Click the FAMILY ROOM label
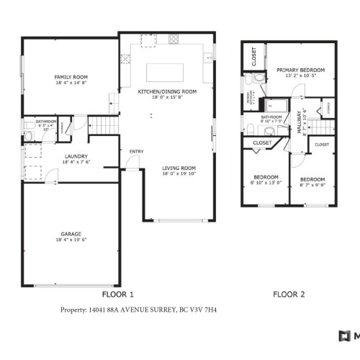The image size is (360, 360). pos(71,76)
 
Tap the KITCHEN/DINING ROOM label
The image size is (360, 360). pos(168,91)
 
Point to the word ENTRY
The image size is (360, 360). pos(135,151)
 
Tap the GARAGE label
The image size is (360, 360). pos(71,234)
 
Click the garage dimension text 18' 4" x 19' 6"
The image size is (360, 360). pos(71,240)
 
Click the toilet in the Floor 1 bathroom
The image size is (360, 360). pos(29,135)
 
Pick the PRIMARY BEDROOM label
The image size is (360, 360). pos(300,70)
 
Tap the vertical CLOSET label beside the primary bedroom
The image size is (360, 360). pos(254,56)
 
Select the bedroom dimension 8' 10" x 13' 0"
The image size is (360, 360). pos(265,183)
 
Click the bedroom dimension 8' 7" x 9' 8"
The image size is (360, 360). pos(312,184)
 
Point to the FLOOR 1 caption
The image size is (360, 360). pos(119,294)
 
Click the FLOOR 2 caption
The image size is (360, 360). pos(289,294)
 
